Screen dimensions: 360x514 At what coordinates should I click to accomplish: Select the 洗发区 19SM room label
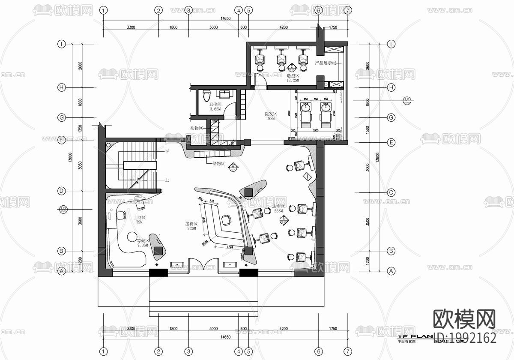[x=272, y=116]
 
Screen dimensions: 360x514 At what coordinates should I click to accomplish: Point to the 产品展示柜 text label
[x=328, y=63]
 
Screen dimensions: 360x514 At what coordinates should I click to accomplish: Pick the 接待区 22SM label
[x=191, y=226]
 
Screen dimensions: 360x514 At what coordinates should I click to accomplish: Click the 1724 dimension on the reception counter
[x=230, y=247]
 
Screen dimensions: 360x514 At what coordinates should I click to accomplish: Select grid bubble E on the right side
[x=391, y=142]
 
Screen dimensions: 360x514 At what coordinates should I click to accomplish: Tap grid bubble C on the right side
[x=391, y=192]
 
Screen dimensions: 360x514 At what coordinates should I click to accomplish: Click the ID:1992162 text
[x=465, y=338]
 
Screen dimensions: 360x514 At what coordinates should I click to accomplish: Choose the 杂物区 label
[x=196, y=128]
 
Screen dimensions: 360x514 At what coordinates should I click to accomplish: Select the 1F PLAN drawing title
[x=412, y=337]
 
